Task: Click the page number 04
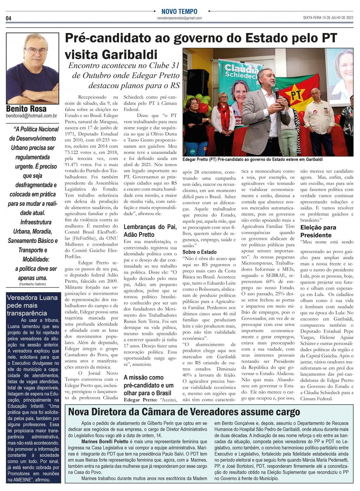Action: coord(9,18)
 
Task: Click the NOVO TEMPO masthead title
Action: coord(179,12)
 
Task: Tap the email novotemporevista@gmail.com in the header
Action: coord(179,18)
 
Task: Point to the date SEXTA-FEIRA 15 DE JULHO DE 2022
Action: coord(328,18)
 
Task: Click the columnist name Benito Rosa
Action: coord(26,109)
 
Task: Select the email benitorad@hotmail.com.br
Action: coord(31,116)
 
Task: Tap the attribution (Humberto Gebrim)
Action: coord(33,284)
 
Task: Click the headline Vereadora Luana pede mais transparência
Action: coord(32,305)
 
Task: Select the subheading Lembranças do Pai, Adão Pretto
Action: coord(150,231)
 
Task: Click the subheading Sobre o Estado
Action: coord(199,252)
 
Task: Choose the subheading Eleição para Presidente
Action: coord(318,231)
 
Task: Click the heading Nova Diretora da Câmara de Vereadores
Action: coord(184,412)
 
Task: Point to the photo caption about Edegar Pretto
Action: coord(252,159)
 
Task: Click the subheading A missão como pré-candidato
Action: coord(148,385)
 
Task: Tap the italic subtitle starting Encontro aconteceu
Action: coord(124,75)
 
